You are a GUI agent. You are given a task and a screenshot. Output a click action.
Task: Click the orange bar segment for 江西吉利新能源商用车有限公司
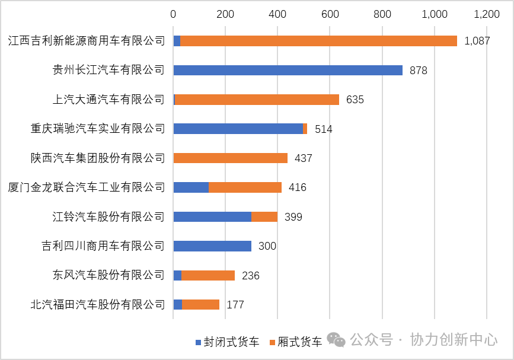tap(318, 41)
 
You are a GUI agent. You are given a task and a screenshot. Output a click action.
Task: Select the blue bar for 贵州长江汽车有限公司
tap(288, 70)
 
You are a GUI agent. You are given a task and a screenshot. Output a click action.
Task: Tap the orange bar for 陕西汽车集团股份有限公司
tap(230, 158)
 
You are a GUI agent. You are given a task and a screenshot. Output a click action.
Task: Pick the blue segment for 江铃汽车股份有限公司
tap(212, 216)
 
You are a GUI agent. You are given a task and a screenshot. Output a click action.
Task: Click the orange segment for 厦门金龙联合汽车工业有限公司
tap(245, 187)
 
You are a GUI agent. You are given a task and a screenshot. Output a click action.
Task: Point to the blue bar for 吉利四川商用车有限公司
tap(212, 246)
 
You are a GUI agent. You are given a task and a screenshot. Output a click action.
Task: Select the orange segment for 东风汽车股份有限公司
tap(207, 275)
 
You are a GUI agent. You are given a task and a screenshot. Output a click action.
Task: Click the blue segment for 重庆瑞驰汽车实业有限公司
tap(238, 129)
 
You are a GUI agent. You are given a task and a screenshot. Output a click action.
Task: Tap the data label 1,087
tap(477, 41)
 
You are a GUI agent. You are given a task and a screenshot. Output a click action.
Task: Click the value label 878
tap(418, 71)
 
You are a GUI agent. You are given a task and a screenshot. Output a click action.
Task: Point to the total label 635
tap(355, 100)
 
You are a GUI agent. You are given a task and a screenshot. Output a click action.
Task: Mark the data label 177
tap(235, 305)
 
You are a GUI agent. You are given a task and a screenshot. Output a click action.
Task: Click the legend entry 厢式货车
tap(295, 342)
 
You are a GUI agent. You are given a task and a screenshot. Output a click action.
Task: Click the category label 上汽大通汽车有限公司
tap(108, 100)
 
